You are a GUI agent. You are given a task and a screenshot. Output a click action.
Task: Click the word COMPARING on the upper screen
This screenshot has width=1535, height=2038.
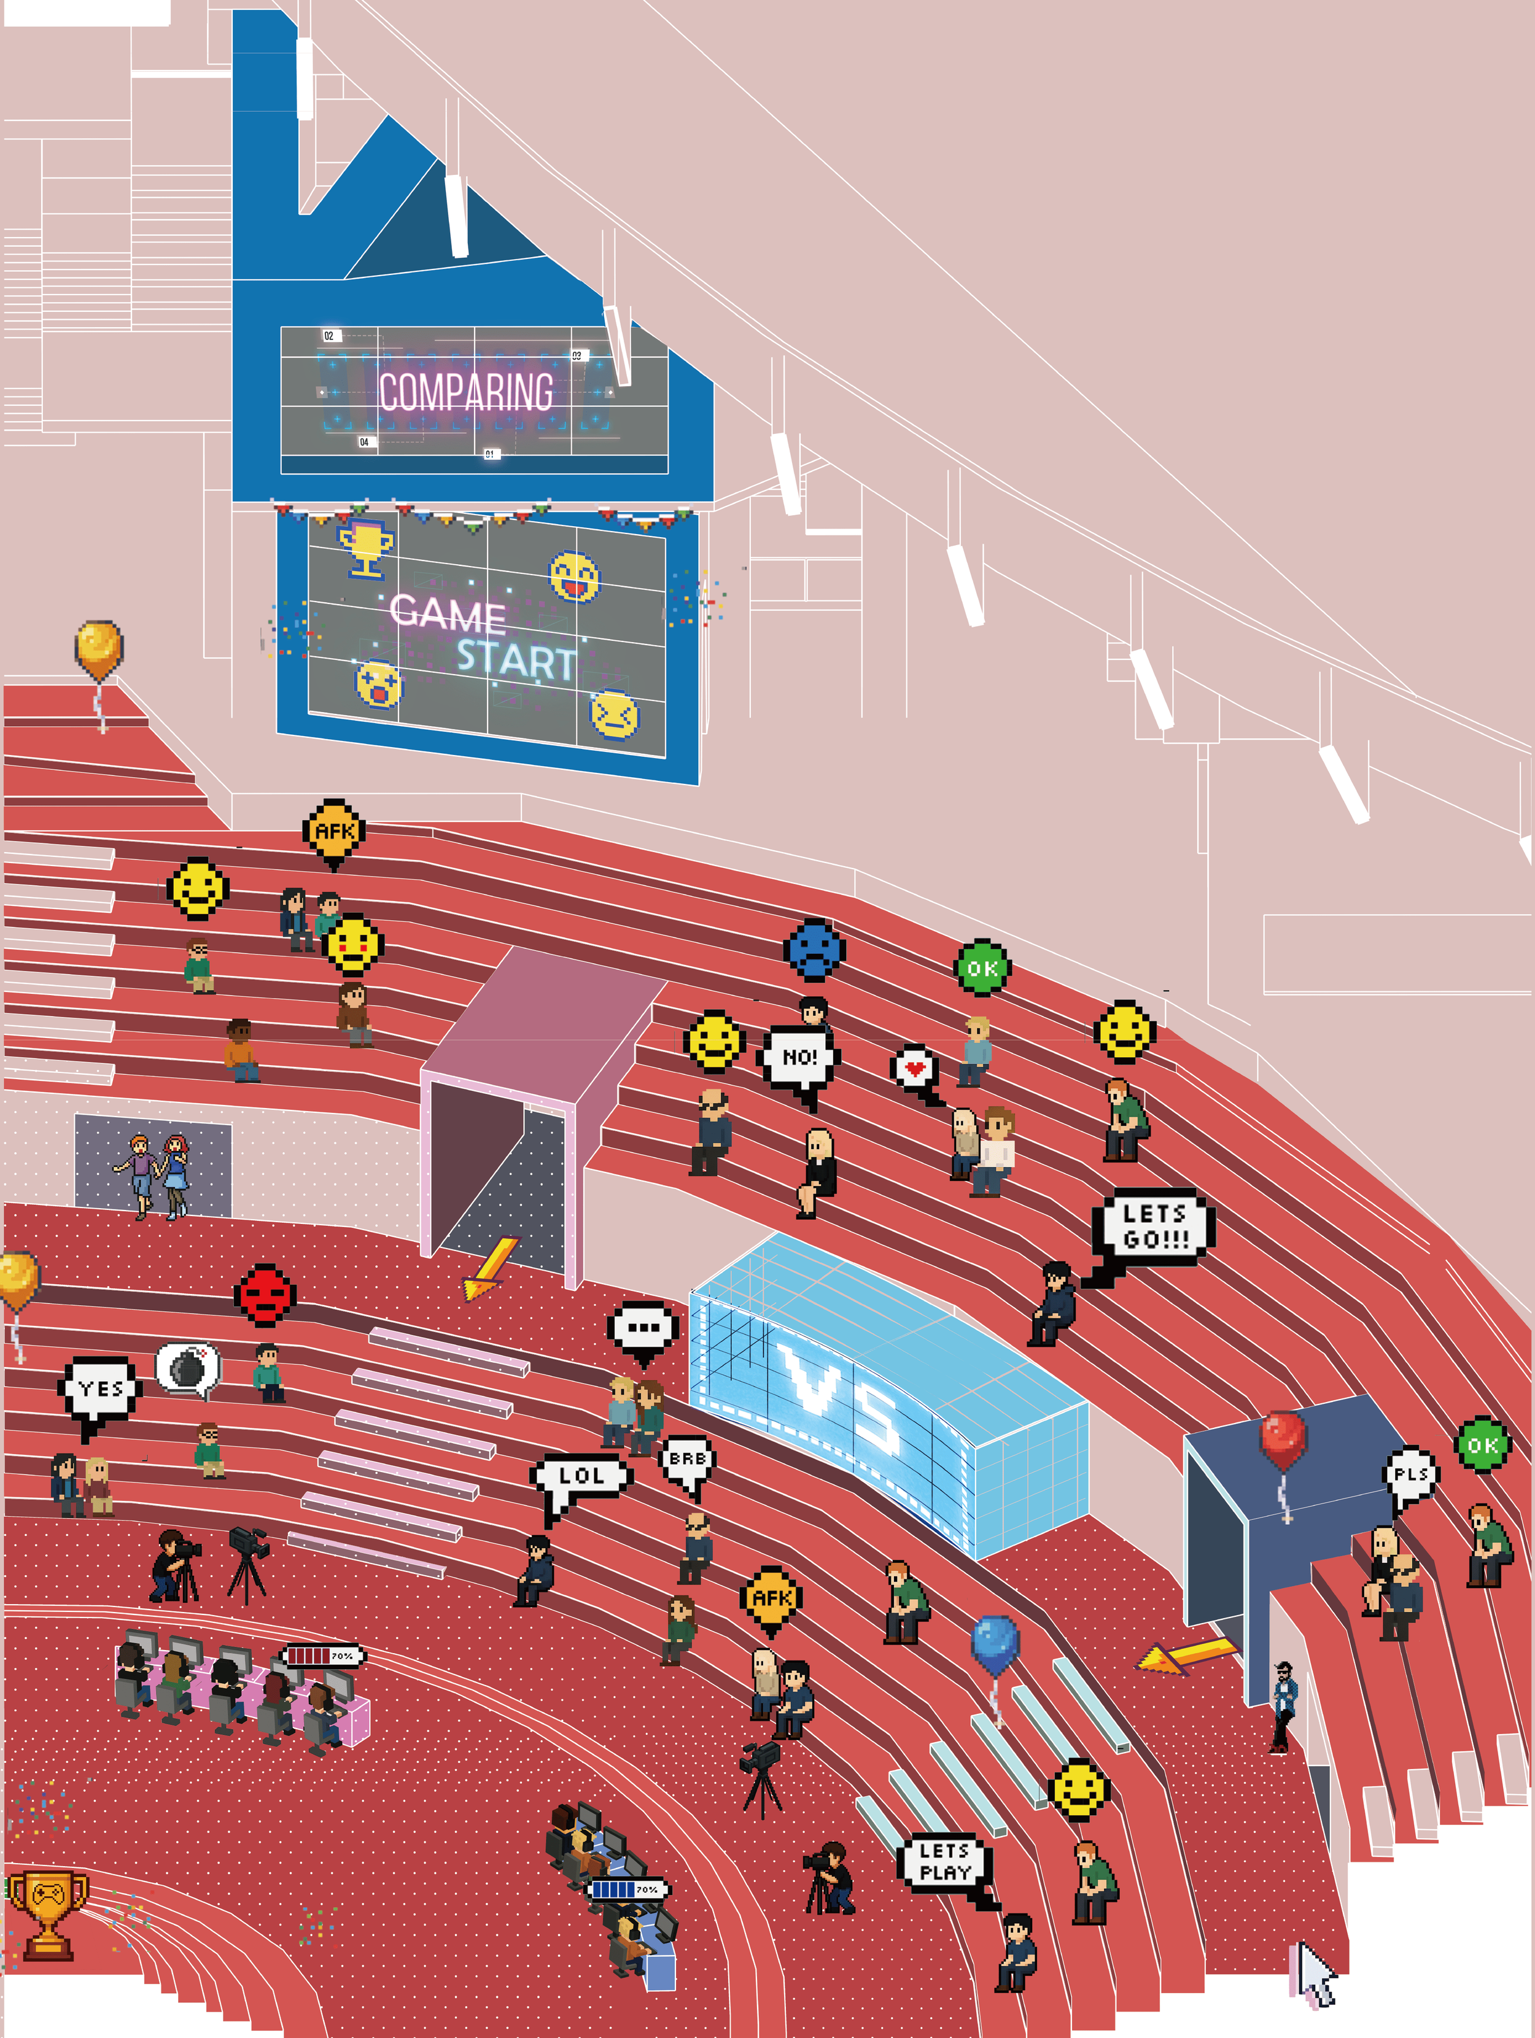[466, 392]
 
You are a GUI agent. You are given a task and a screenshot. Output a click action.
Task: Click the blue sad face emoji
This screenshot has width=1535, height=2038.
[815, 949]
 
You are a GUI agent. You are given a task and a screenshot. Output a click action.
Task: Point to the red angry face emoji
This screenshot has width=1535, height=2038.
[265, 1295]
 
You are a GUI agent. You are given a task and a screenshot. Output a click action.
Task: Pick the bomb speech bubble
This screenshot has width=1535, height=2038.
[188, 1367]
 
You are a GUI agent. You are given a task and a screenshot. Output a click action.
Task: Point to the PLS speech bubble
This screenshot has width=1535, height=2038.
[1410, 1474]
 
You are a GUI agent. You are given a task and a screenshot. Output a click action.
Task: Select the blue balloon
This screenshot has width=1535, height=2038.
[995, 1645]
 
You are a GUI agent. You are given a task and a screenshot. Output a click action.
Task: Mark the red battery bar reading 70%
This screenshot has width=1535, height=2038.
[322, 1656]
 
